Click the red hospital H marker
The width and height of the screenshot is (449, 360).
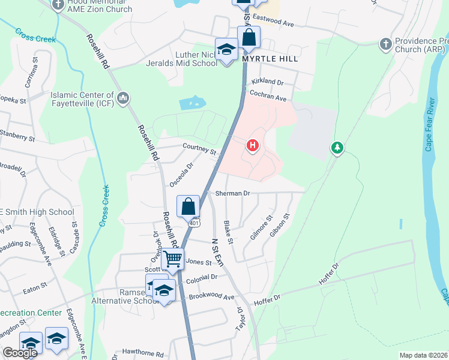pyautogui.click(x=253, y=145)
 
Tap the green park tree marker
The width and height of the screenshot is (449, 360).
pyautogui.click(x=337, y=147)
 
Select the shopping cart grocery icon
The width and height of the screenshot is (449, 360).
pyautogui.click(x=173, y=259)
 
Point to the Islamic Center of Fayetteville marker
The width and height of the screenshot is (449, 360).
pyautogui.click(x=124, y=98)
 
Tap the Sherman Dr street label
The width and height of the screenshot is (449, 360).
pyautogui.click(x=232, y=194)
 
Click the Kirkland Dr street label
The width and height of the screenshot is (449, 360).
pyautogui.click(x=267, y=81)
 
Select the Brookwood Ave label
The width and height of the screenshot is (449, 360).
pyautogui.click(x=211, y=297)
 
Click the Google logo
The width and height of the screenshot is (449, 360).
pyautogui.click(x=20, y=353)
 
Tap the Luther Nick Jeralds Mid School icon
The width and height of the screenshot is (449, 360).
pyautogui.click(x=227, y=50)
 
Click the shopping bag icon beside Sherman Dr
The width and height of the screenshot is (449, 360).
pyautogui.click(x=188, y=206)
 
